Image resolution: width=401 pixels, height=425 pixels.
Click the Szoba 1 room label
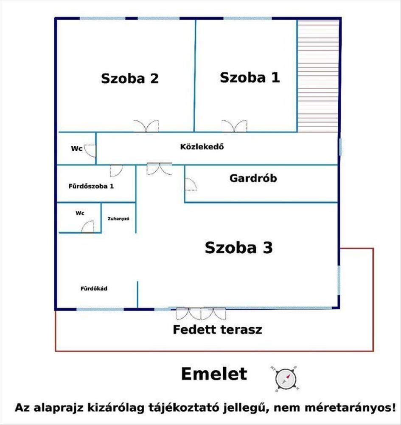click(250, 77)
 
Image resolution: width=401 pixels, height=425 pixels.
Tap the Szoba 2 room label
click(129, 79)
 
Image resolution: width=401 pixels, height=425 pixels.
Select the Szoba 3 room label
click(238, 247)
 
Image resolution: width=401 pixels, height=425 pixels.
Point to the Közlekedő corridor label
click(202, 147)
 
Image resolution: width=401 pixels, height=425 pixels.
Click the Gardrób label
click(253, 178)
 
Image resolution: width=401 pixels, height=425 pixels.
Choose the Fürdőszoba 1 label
click(91, 186)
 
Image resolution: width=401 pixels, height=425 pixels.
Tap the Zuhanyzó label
click(118, 218)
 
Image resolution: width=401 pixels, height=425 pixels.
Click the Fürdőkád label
click(94, 289)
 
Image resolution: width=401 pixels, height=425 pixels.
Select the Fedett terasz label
click(218, 330)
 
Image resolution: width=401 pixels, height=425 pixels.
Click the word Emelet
click(214, 374)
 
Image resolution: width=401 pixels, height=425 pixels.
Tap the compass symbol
click(286, 379)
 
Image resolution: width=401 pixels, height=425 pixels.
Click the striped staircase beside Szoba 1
click(318, 76)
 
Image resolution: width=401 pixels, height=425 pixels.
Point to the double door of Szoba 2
click(146, 126)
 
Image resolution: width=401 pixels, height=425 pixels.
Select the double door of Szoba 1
click(234, 126)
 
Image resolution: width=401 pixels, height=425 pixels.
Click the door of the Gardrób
click(191, 184)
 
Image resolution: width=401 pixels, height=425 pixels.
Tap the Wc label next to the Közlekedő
click(76, 148)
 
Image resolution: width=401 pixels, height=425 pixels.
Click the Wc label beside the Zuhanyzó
click(80, 213)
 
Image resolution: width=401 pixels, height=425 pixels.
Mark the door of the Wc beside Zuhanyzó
click(88, 227)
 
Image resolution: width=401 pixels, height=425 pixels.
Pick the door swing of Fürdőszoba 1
click(116, 171)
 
